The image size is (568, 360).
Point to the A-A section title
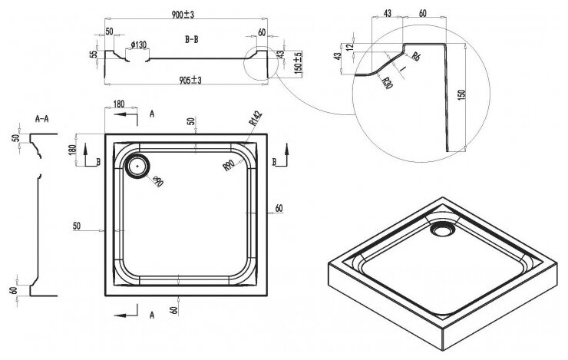pos(43,120)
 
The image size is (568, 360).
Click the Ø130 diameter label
pos(138,45)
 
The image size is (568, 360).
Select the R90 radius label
pos(228,163)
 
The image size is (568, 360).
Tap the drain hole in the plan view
pos(140,163)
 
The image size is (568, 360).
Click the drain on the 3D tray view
pos(444,228)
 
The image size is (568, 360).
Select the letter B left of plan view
pos(98,162)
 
